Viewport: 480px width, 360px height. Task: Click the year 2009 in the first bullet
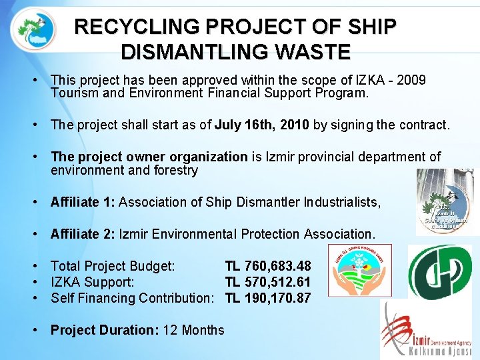tap(411, 80)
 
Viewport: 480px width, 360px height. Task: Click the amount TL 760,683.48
tap(267, 266)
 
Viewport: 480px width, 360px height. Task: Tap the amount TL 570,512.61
tap(267, 282)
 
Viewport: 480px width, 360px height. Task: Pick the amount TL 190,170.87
tap(267, 298)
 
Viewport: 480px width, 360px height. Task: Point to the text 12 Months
tap(193, 330)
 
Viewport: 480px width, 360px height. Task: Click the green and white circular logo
tap(439, 271)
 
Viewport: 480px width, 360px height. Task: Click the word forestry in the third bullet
tap(176, 170)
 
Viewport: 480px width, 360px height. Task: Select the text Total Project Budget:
tap(113, 266)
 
